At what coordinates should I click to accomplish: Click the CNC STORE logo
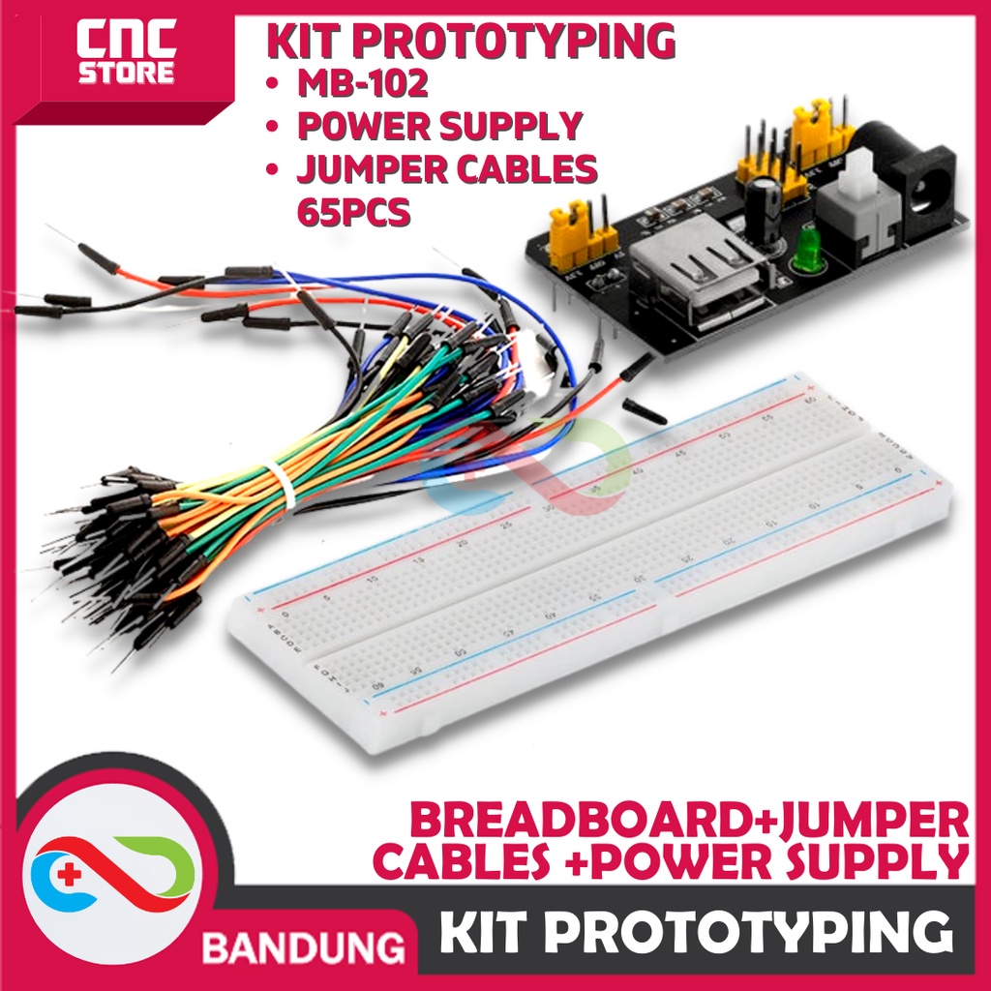pos(126,53)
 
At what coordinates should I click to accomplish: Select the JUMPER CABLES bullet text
pos(445,168)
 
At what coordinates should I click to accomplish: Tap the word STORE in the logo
pos(126,73)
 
